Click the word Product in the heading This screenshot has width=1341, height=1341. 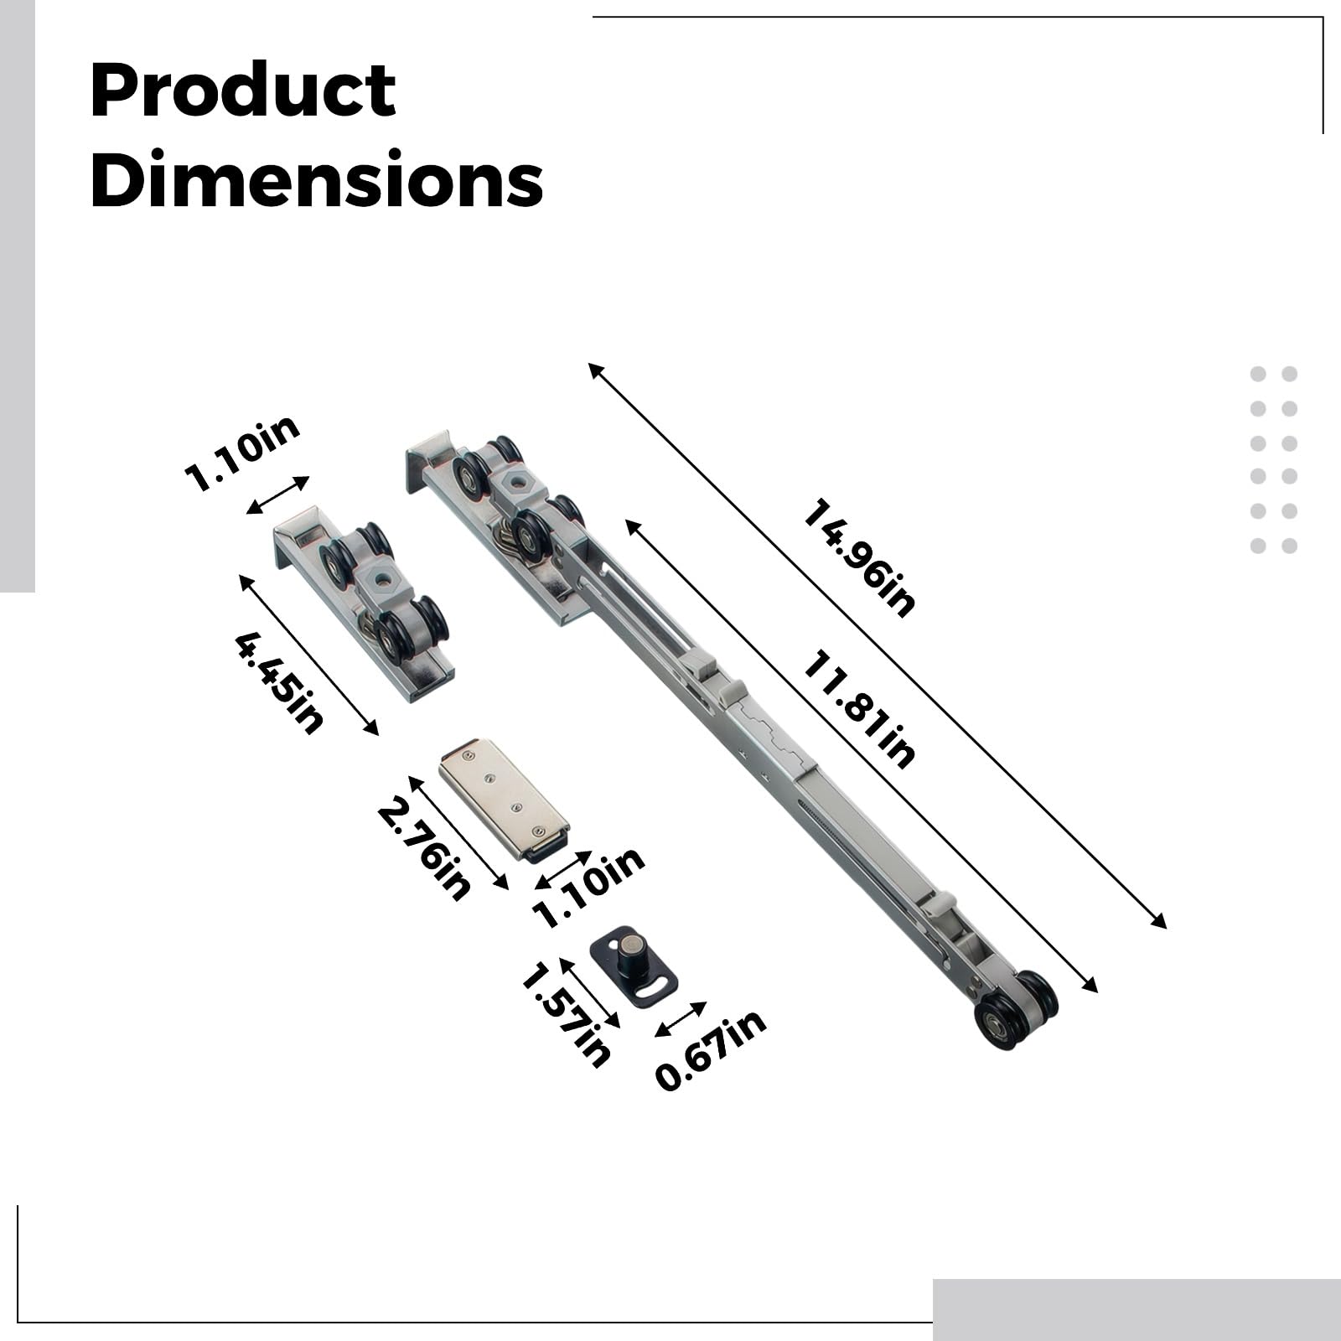(x=243, y=91)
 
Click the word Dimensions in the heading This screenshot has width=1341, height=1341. (x=317, y=179)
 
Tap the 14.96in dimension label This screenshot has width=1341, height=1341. (x=859, y=558)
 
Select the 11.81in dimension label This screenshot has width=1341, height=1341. (x=859, y=709)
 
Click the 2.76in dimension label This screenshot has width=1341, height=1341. (x=423, y=849)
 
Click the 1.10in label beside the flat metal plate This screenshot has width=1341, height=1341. (x=589, y=888)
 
